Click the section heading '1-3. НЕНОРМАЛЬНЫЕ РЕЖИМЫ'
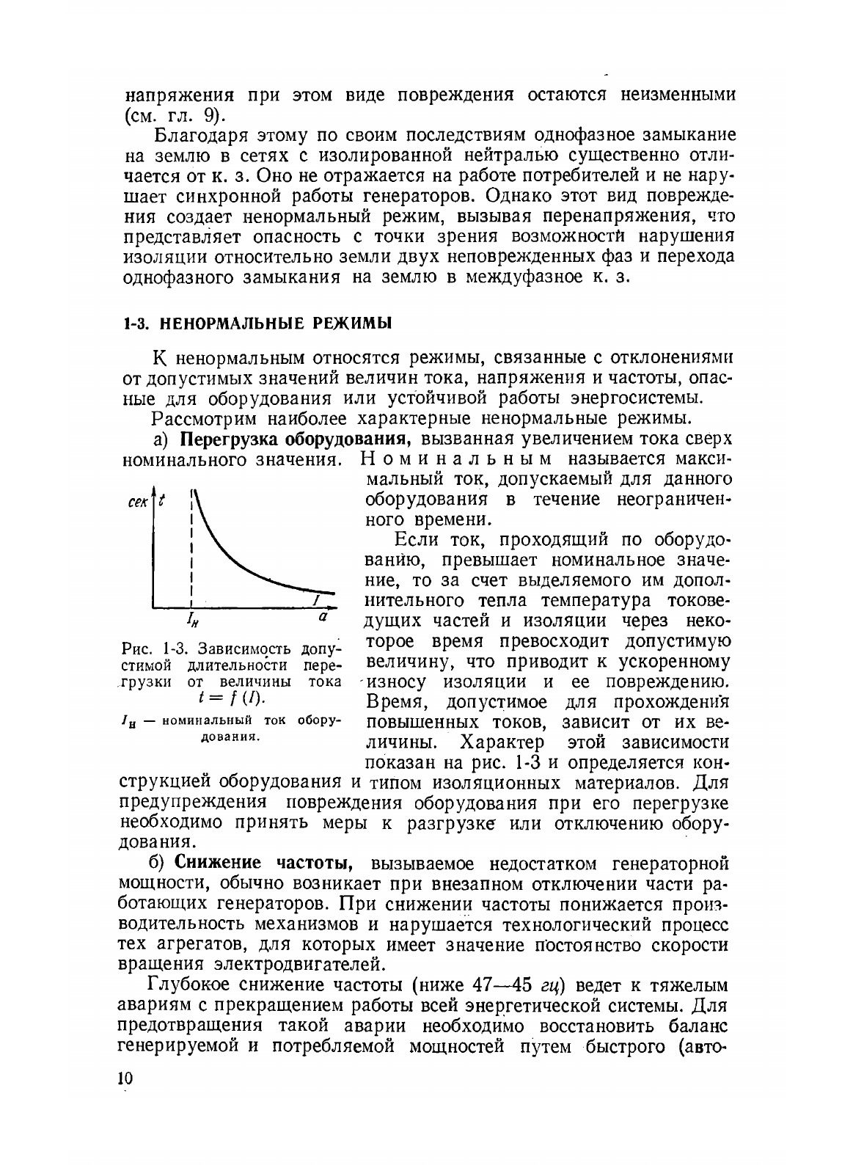[x=257, y=323]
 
